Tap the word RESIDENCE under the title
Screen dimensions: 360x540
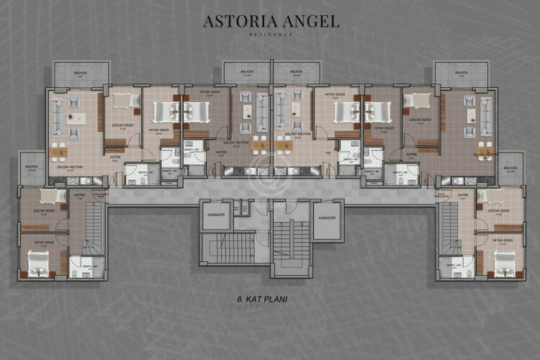269,34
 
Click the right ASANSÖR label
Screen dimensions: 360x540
327,217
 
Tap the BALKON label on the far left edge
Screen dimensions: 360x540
31,167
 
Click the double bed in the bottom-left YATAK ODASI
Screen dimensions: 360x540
37,265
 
